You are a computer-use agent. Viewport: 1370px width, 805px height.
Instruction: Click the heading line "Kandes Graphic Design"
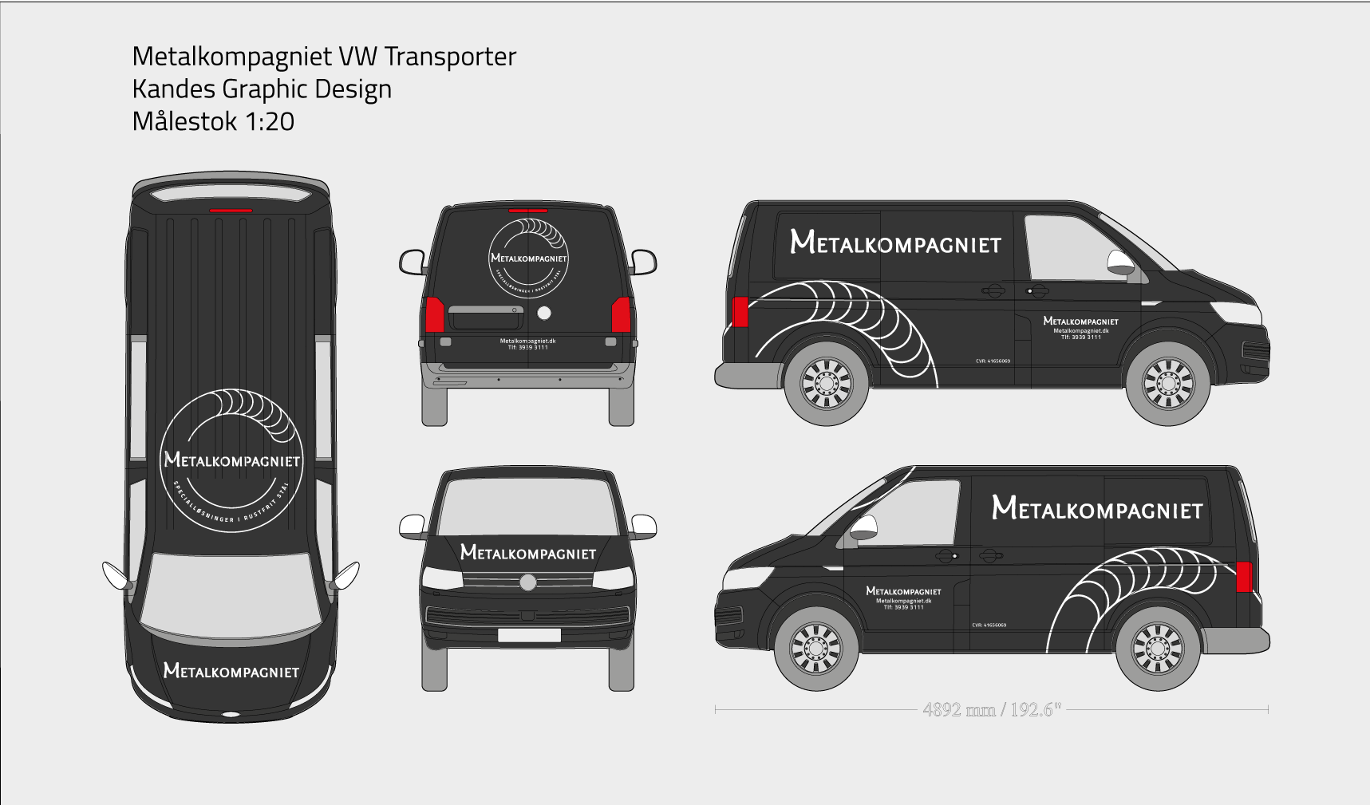[x=262, y=89]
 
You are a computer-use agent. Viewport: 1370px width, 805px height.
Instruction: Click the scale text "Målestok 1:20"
[x=213, y=121]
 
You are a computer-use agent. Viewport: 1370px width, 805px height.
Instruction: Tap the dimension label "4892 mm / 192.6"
[x=991, y=709]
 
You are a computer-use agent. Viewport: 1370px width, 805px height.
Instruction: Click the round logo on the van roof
[x=231, y=460]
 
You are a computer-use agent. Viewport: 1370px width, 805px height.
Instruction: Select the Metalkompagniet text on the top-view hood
[x=231, y=671]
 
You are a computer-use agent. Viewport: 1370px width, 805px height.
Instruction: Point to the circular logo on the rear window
[x=528, y=258]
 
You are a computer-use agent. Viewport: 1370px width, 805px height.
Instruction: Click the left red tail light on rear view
[x=434, y=314]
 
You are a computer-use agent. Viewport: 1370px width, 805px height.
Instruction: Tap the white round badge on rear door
[x=544, y=313]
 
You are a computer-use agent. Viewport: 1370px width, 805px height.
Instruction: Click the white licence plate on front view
[x=528, y=635]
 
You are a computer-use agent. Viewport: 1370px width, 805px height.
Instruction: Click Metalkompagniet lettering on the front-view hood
[x=528, y=552]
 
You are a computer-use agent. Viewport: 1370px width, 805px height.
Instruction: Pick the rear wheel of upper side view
[x=827, y=384]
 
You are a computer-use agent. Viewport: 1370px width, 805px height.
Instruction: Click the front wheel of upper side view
[x=1168, y=384]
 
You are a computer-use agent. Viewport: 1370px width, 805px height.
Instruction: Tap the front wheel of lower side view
[x=815, y=648]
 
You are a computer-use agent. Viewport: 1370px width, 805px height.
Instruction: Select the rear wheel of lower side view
[x=1157, y=648]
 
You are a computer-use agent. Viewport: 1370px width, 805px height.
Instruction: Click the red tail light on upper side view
[x=740, y=311]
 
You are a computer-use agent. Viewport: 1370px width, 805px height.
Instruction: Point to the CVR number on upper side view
[x=993, y=361]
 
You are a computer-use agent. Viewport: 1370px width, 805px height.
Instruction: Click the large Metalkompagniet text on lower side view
[x=1097, y=508]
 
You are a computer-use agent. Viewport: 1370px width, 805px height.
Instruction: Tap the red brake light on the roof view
[x=231, y=211]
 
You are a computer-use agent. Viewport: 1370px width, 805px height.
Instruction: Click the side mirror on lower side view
[x=864, y=527]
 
